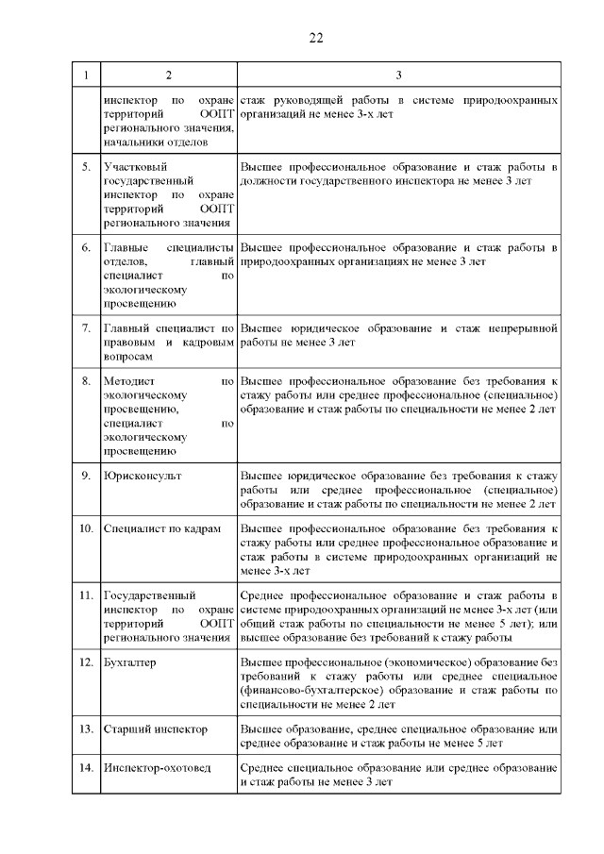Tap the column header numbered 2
(168, 75)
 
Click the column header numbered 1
(86, 75)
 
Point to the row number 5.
(86, 167)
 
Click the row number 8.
(86, 382)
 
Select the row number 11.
(86, 595)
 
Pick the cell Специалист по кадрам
(161, 529)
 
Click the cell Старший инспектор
(155, 729)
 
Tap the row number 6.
(86, 248)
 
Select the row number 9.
(86, 476)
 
